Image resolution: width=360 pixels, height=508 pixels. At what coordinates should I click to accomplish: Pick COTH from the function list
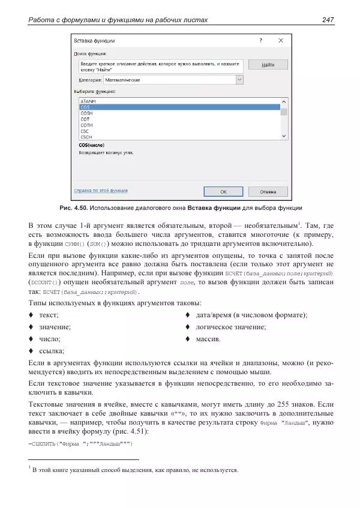(x=86, y=125)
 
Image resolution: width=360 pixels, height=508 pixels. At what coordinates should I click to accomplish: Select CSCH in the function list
(x=86, y=137)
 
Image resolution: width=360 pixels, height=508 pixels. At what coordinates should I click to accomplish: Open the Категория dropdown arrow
(x=239, y=79)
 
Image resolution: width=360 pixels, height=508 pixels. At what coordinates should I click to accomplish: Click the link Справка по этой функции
(x=101, y=191)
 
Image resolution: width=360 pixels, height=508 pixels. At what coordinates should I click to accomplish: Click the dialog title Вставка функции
(x=94, y=41)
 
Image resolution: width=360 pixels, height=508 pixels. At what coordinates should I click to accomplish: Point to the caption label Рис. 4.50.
(x=73, y=208)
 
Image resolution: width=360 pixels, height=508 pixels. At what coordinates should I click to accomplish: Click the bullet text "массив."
(x=208, y=339)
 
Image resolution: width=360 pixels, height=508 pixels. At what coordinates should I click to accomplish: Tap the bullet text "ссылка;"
(x=52, y=351)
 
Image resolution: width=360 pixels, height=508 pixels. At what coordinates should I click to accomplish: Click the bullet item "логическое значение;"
(x=231, y=327)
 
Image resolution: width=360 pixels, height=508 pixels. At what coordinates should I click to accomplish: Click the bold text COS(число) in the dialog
(x=92, y=145)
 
